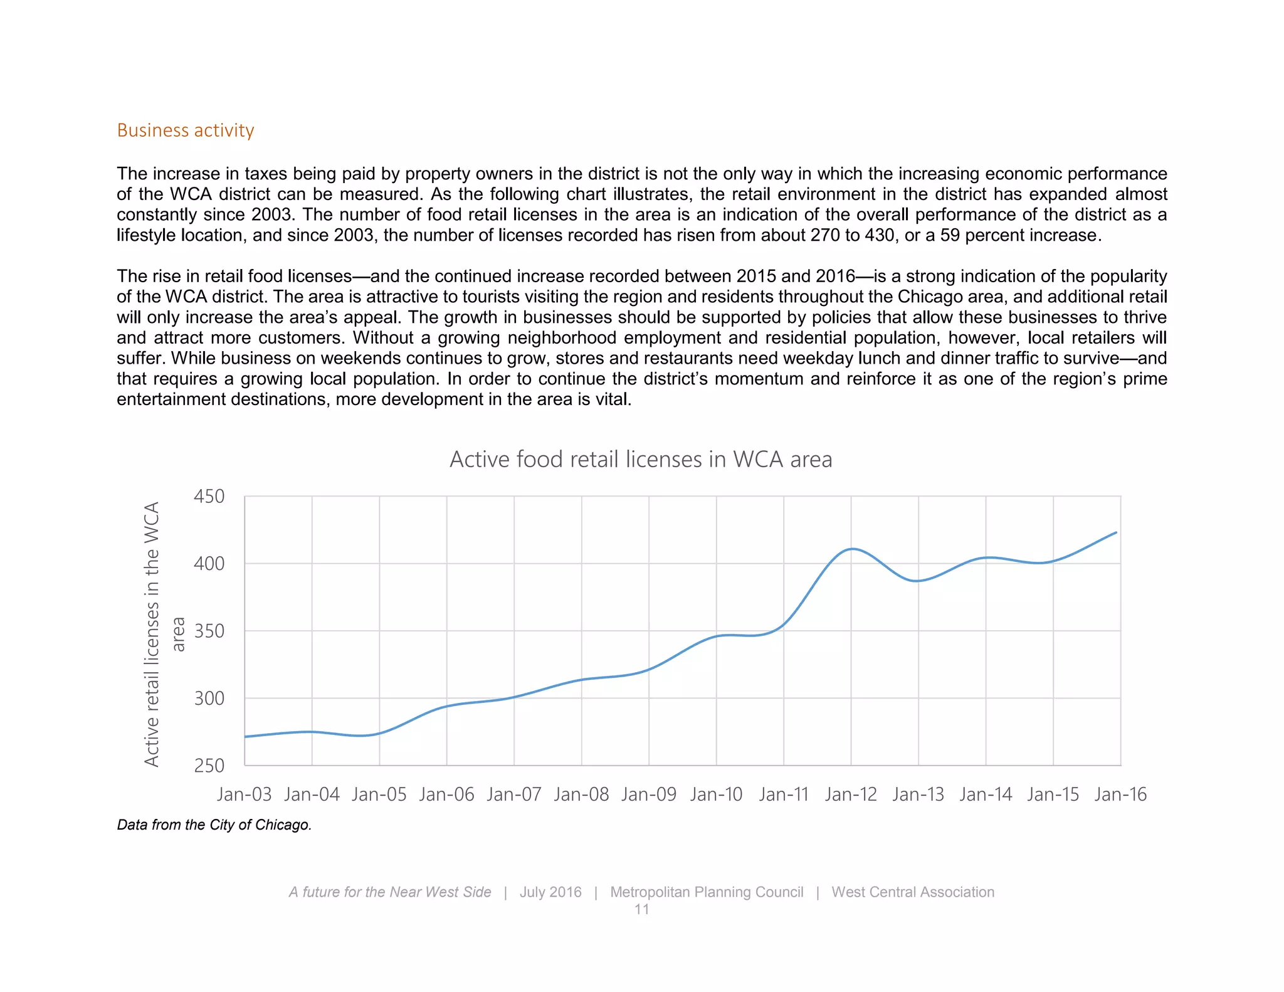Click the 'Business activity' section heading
click(186, 130)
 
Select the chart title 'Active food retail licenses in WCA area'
click(641, 460)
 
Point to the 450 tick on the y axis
click(209, 497)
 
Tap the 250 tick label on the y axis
click(209, 766)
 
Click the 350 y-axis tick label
click(209, 631)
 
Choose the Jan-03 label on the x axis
click(244, 794)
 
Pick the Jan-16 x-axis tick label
click(1120, 794)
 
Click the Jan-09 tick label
click(649, 794)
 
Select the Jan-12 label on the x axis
click(851, 794)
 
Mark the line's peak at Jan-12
click(851, 549)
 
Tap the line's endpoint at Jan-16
click(1117, 532)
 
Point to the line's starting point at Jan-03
click(245, 736)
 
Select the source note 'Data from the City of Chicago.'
click(214, 825)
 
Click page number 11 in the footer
click(641, 909)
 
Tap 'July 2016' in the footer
click(550, 892)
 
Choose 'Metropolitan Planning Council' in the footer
click(707, 892)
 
